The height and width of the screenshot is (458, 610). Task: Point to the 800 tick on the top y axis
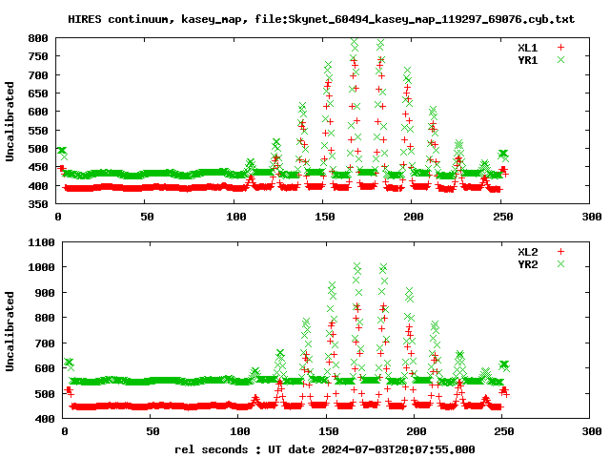point(38,38)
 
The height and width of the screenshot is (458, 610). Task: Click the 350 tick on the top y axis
point(38,204)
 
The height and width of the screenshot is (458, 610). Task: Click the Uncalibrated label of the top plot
point(10,121)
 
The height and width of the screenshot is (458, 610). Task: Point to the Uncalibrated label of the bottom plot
point(10,330)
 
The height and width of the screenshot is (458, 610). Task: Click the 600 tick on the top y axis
point(38,112)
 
